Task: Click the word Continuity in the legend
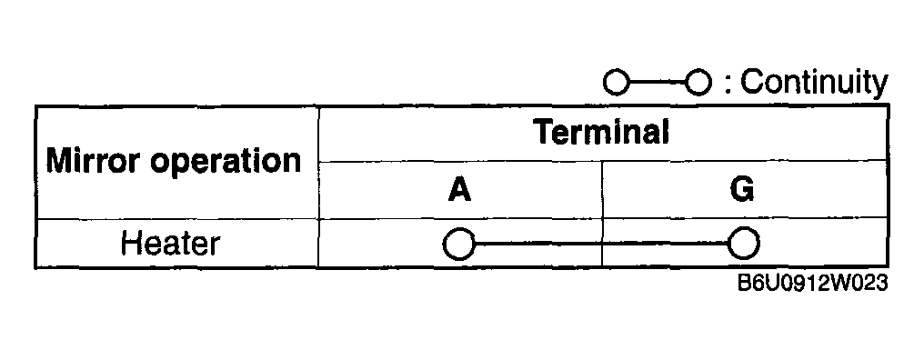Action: (814, 82)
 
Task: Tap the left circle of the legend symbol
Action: (617, 83)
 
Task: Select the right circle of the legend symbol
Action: (698, 83)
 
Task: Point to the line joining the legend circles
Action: (657, 83)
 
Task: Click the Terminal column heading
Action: (601, 133)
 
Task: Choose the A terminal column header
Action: (460, 190)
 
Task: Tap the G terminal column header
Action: (743, 190)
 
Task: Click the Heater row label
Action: (171, 244)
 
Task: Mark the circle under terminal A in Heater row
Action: (459, 244)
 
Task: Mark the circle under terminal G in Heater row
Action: (744, 244)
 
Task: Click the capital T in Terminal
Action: (543, 133)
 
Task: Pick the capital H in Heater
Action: (130, 244)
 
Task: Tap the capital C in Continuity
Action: (750, 82)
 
